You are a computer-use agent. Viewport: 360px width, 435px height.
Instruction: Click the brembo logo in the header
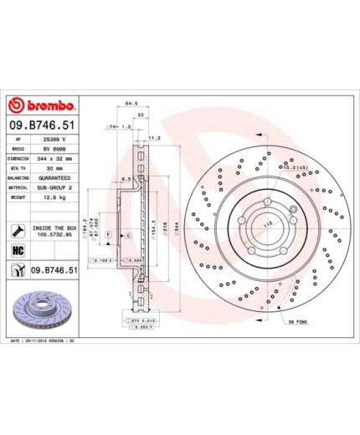pos(43,107)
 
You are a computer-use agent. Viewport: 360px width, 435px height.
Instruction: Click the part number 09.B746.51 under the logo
pos(43,125)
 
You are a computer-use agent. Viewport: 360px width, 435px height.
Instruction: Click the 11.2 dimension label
pos(153,136)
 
